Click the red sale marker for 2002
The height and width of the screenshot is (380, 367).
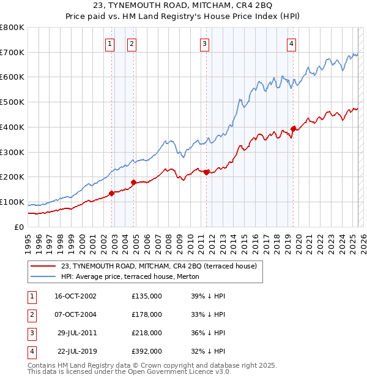pos(112,193)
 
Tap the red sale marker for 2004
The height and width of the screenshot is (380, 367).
pos(133,182)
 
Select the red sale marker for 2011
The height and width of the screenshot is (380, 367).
pos(207,172)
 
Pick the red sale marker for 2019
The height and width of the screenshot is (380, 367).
pos(293,129)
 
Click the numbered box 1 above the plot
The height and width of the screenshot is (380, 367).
pos(109,43)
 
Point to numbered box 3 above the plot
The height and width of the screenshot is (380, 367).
pos(204,43)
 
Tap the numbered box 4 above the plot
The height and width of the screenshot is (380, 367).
pos(291,43)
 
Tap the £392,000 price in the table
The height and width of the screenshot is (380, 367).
pos(147,352)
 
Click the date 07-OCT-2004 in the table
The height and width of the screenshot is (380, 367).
pos(76,314)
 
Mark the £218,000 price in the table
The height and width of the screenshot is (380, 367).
pos(147,333)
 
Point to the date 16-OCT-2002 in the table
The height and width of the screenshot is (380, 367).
pos(76,296)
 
